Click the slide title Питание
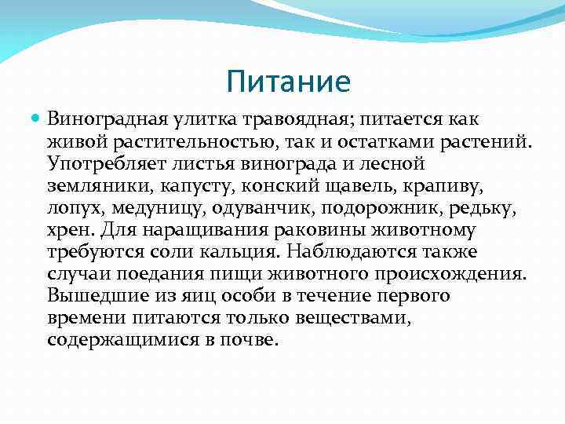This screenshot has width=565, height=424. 286,82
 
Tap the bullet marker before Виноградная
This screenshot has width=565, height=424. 36,119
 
